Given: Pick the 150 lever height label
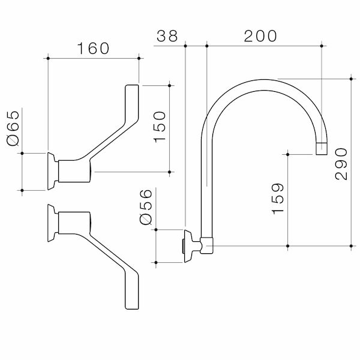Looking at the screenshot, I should click(x=160, y=126).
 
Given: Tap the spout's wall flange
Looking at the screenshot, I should click(x=187, y=245).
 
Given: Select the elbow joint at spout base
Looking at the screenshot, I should click(x=206, y=245).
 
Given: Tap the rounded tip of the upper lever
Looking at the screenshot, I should click(x=132, y=91).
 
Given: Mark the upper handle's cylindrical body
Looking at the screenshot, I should click(x=75, y=171).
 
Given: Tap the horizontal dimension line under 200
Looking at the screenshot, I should click(x=264, y=45).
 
